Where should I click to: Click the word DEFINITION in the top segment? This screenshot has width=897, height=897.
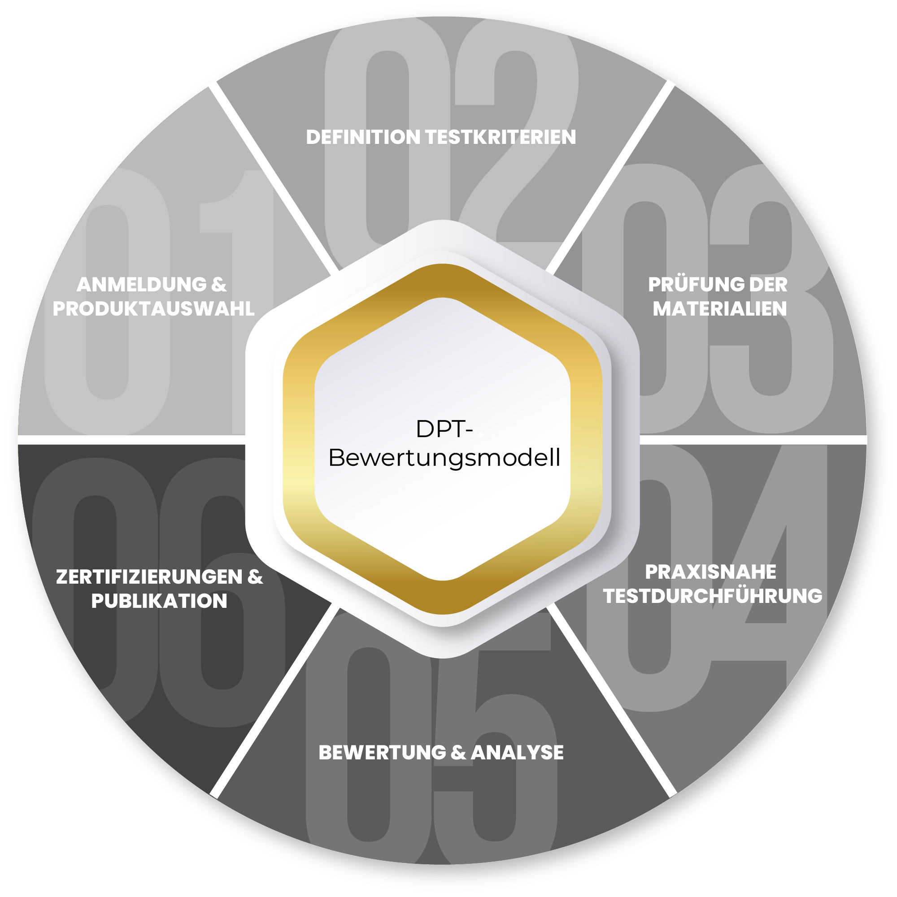[x=363, y=137]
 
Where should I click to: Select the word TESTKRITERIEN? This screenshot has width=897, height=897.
[x=500, y=137]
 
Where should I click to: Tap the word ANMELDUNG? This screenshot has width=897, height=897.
[x=142, y=285]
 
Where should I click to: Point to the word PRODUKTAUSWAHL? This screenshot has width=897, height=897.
[x=154, y=309]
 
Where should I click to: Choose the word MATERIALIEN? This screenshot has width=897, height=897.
[x=719, y=309]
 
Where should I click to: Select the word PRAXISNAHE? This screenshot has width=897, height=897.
[x=710, y=572]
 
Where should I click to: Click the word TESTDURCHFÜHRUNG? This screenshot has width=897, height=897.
[x=713, y=596]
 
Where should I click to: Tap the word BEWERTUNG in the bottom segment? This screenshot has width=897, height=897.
[x=382, y=752]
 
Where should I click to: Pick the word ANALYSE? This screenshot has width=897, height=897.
[x=517, y=752]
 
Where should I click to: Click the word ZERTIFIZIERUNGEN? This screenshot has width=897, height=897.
[x=149, y=576]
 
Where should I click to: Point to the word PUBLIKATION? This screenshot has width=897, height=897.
[x=159, y=601]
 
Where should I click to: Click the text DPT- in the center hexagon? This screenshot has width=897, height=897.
[x=444, y=429]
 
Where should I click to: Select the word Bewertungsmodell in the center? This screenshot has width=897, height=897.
[x=444, y=458]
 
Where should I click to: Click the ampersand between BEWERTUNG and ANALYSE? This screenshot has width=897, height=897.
[x=458, y=752]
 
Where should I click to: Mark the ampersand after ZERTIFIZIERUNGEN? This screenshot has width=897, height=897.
[x=255, y=576]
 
